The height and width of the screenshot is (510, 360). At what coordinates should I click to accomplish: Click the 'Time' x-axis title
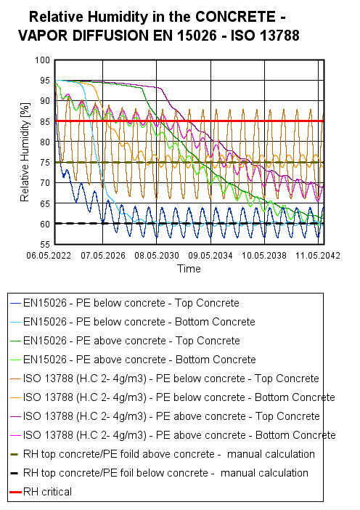[189, 268]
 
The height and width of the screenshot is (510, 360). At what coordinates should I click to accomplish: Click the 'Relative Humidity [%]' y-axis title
[25, 153]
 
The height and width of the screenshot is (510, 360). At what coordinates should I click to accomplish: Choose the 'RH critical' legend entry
[47, 492]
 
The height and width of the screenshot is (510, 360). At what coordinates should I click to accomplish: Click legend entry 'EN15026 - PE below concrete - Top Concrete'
[131, 303]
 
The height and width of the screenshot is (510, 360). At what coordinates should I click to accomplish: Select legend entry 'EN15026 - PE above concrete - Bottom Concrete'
[139, 360]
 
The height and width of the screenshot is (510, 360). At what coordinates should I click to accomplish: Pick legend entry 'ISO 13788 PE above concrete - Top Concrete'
[171, 416]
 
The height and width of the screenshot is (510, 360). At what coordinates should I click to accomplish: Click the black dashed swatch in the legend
[15, 473]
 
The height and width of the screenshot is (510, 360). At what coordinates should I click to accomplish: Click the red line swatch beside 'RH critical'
[15, 492]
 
